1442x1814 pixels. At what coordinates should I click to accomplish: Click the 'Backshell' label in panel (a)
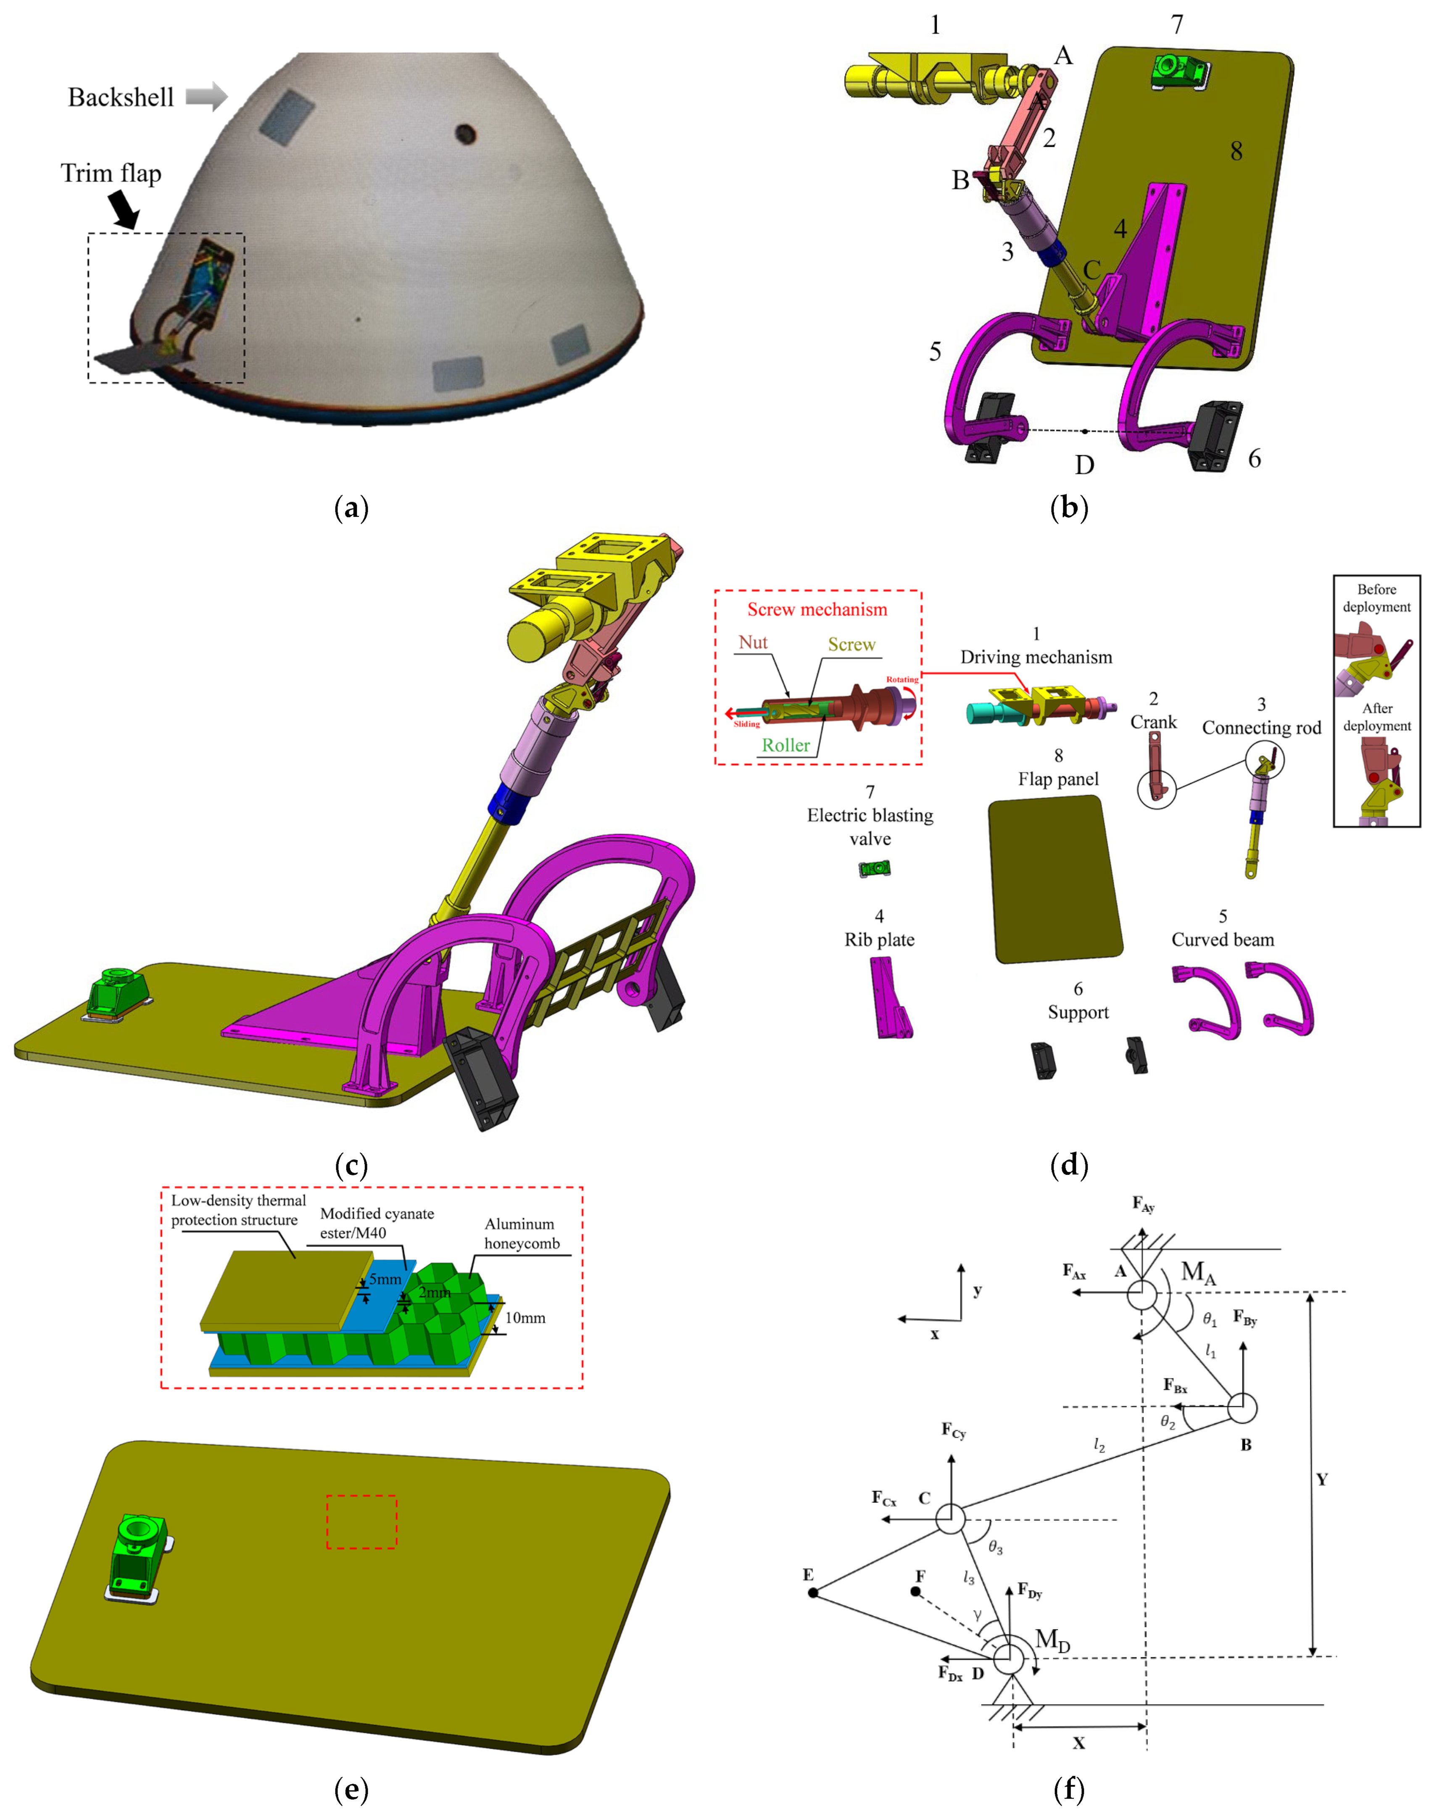click(120, 97)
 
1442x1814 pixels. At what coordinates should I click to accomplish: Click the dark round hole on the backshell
click(465, 133)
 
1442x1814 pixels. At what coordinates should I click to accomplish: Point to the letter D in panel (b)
click(1084, 464)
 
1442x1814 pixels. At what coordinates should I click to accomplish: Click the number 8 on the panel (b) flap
click(1236, 151)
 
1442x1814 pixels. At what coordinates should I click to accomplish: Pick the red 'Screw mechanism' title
click(817, 609)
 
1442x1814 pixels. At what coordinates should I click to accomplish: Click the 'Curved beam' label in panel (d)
click(1223, 940)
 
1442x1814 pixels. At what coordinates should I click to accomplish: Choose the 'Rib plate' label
click(879, 940)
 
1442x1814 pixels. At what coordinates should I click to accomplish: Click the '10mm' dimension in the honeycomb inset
click(525, 1318)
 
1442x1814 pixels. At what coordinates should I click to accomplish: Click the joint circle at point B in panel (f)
click(1242, 1407)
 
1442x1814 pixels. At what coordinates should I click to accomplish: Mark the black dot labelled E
click(813, 1593)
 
